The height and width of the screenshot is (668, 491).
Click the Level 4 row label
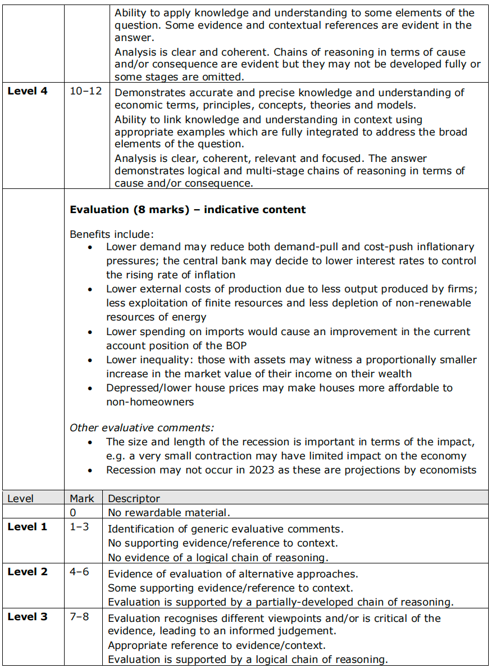point(27,91)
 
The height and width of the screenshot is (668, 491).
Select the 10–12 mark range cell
point(86,91)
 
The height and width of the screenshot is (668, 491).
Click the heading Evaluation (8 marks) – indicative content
point(188,210)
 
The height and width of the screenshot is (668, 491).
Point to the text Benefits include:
point(111,233)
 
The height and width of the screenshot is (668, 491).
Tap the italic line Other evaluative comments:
point(142,428)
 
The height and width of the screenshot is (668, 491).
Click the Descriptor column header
point(134,499)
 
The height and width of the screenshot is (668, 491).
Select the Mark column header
point(82,499)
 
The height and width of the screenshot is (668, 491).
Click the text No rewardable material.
point(169,512)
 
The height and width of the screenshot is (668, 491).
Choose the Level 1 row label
point(27,527)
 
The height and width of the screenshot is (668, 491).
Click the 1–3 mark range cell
point(79,527)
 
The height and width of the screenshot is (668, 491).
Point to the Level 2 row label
point(27,572)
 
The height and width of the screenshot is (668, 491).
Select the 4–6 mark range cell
point(79,572)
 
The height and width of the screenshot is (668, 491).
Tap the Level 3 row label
point(27,617)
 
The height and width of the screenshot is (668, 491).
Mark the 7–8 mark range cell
point(79,617)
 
